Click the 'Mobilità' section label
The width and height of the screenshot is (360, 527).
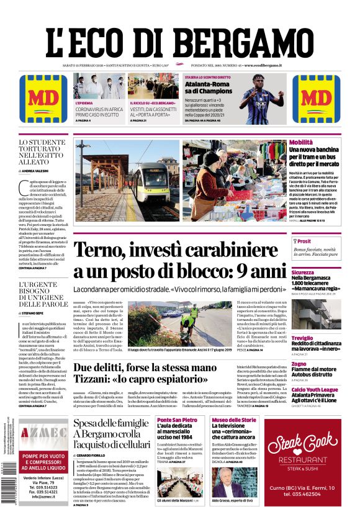click(301, 143)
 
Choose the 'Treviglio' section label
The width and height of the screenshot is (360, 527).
click(304, 338)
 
